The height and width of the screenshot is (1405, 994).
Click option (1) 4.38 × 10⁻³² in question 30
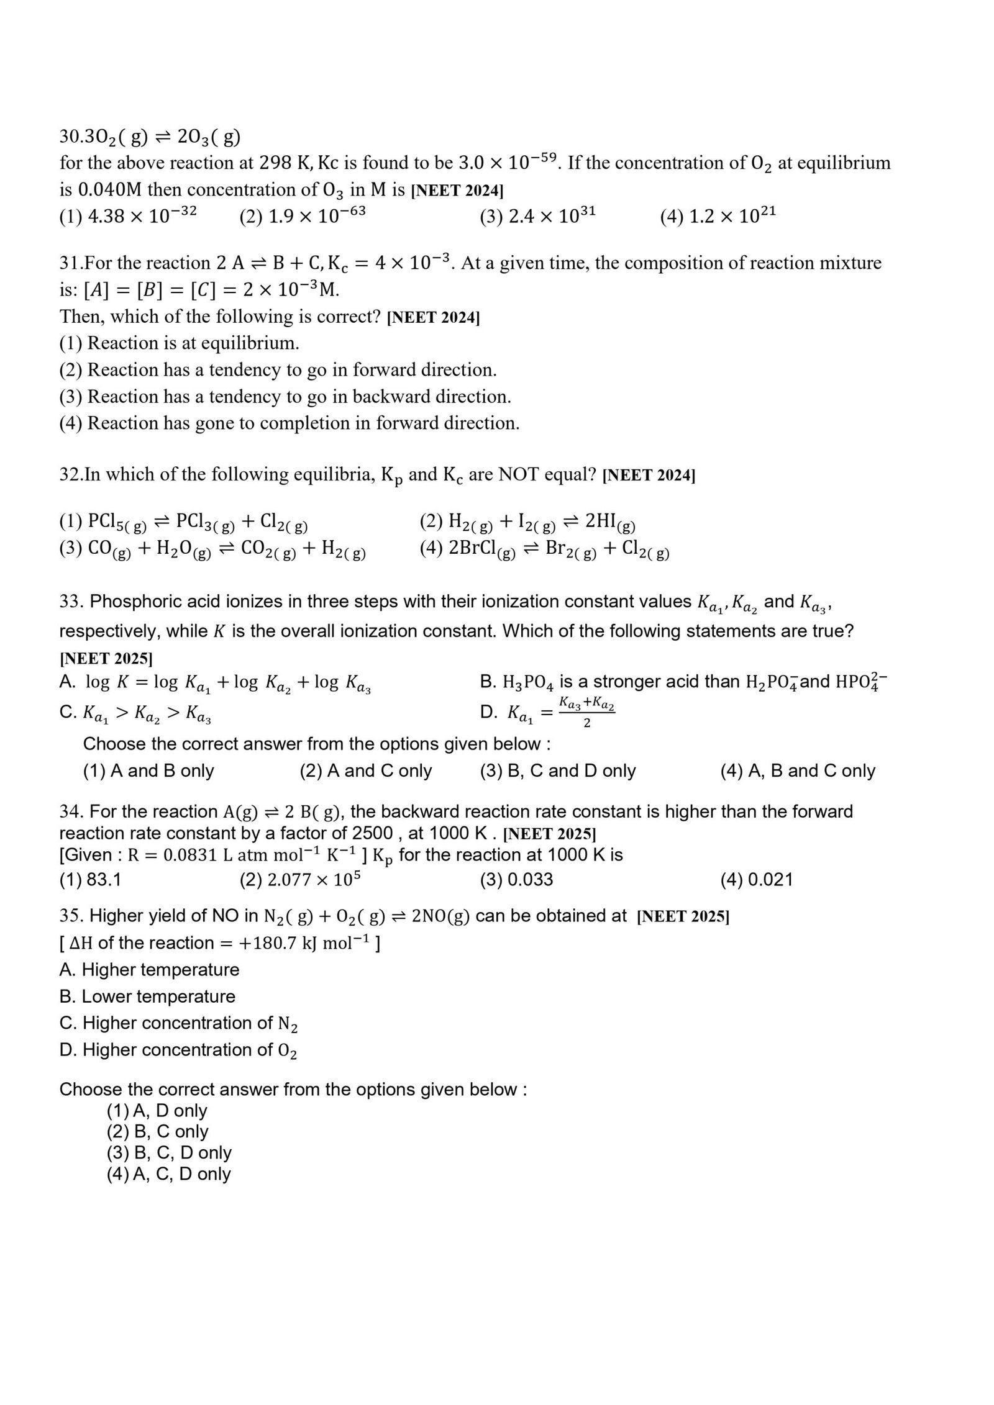tap(128, 215)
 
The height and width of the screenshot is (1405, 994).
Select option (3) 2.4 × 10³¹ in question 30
tap(537, 215)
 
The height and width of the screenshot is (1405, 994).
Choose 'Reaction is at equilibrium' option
tap(180, 343)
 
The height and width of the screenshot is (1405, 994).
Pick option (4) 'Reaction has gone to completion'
tap(290, 423)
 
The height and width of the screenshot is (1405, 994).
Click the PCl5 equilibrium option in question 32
tap(184, 522)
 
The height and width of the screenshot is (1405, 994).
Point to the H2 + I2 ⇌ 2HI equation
tap(527, 522)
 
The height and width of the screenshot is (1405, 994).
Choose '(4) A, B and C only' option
tap(797, 770)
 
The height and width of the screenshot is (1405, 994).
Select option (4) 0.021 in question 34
tap(756, 880)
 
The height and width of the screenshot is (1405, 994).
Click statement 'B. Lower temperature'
tap(147, 996)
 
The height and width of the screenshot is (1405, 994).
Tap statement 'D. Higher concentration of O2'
tap(178, 1050)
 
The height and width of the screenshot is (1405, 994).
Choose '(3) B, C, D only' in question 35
tap(169, 1152)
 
